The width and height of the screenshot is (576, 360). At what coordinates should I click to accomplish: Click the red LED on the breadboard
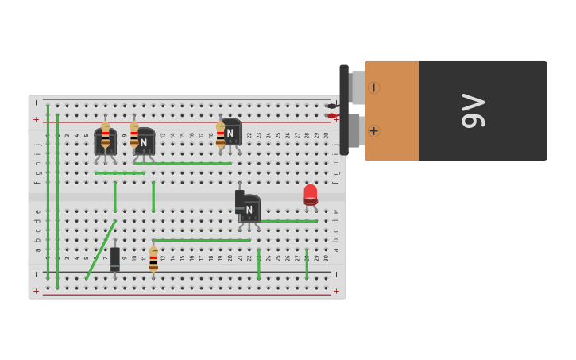pyautogui.click(x=311, y=194)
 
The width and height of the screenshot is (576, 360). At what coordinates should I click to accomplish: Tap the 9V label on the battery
pyautogui.click(x=473, y=110)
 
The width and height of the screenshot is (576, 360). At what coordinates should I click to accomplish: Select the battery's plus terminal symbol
pyautogui.click(x=373, y=130)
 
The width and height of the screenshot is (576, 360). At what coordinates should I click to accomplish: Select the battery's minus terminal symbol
pyautogui.click(x=373, y=87)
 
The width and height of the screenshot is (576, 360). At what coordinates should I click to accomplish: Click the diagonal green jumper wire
pyautogui.click(x=100, y=250)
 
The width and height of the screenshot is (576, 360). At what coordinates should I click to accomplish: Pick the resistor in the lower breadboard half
pyautogui.click(x=153, y=259)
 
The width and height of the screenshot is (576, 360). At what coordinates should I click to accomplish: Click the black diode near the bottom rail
pyautogui.click(x=115, y=258)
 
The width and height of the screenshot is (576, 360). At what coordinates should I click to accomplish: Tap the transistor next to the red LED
pyautogui.click(x=250, y=208)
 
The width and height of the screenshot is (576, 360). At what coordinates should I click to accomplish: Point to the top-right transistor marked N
pyautogui.click(x=231, y=132)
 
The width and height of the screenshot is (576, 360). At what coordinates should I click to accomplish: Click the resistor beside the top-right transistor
pyautogui.click(x=220, y=134)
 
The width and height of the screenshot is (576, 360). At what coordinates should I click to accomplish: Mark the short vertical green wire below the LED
pyautogui.click(x=307, y=264)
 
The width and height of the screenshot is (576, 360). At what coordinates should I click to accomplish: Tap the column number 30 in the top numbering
pyautogui.click(x=326, y=135)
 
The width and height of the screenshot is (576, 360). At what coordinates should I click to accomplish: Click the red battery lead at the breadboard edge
pyautogui.click(x=332, y=116)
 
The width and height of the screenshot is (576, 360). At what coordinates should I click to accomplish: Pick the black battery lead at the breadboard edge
pyautogui.click(x=332, y=106)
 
